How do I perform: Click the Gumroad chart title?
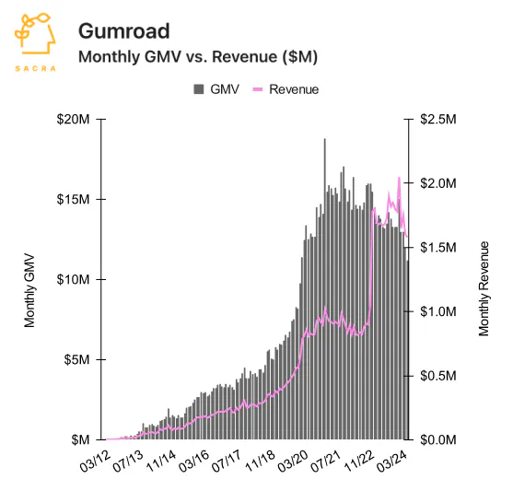[x=124, y=31]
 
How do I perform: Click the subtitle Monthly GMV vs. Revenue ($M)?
[x=198, y=56]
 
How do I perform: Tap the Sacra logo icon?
[x=35, y=34]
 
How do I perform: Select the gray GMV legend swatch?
[x=199, y=89]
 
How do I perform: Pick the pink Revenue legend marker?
[x=258, y=89]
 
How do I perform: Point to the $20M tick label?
[x=73, y=120]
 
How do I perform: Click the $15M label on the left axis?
[x=73, y=199]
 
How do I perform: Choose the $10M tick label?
[x=73, y=279]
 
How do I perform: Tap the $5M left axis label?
[x=76, y=360]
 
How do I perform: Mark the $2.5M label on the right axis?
[x=438, y=119]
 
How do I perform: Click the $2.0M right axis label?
[x=438, y=183]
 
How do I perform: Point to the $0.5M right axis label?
[x=438, y=376]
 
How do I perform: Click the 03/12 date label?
[x=95, y=462]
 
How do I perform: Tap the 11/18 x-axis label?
[x=260, y=462]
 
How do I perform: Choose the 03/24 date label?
[x=392, y=462]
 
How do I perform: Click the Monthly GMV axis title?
[x=29, y=290]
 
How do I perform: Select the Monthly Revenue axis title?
[x=484, y=288]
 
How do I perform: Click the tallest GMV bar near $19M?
[x=325, y=289]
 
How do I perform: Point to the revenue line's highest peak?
[x=399, y=178]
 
